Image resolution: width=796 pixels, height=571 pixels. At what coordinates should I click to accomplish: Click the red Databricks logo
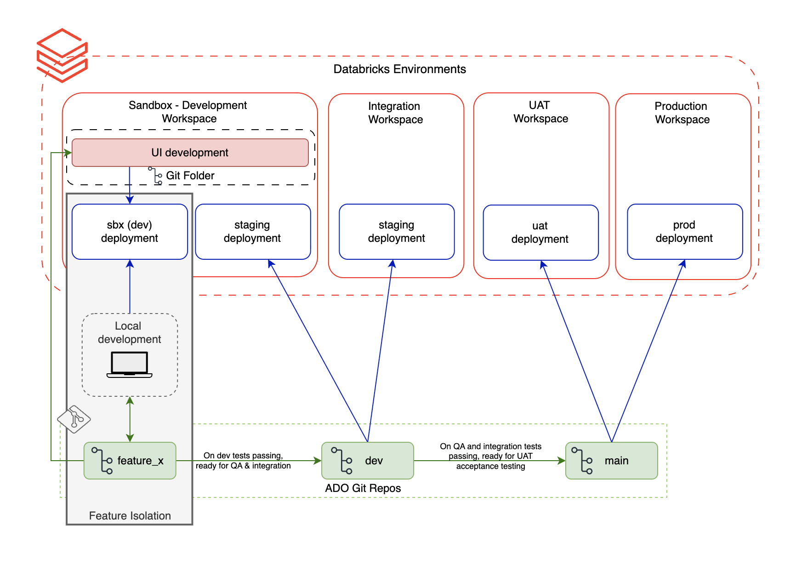[62, 56]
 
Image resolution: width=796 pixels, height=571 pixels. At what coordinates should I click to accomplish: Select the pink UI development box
[190, 153]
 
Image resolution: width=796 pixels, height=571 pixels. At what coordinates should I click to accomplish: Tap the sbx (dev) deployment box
[130, 232]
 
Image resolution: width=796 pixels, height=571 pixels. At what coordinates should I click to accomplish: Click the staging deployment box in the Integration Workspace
[396, 232]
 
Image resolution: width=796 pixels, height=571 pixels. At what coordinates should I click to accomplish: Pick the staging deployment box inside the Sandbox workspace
[252, 232]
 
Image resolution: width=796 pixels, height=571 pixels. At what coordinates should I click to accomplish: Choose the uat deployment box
[540, 233]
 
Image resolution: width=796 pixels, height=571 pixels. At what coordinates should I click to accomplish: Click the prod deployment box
[684, 232]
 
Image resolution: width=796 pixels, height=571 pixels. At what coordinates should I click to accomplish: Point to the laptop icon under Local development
[130, 365]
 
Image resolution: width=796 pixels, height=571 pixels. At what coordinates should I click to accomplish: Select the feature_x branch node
[130, 461]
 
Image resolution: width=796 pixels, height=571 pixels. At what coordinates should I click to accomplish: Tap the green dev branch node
[367, 461]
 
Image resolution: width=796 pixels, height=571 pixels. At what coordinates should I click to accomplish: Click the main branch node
[611, 461]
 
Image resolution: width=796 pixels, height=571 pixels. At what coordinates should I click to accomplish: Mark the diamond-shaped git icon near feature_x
[74, 419]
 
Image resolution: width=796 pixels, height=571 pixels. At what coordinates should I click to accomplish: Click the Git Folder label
[190, 176]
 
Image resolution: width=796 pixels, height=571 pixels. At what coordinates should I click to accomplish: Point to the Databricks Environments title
[399, 69]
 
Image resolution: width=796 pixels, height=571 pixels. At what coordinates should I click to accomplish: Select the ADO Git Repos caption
[363, 488]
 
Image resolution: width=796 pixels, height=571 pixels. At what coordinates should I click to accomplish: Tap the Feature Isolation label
[130, 516]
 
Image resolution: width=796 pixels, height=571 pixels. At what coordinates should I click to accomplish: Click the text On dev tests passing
[243, 456]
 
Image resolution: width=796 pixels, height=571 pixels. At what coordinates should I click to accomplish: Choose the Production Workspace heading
[682, 113]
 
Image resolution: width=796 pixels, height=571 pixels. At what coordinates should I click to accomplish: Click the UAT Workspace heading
[540, 112]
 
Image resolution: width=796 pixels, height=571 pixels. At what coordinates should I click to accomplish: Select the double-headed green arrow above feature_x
[130, 419]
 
